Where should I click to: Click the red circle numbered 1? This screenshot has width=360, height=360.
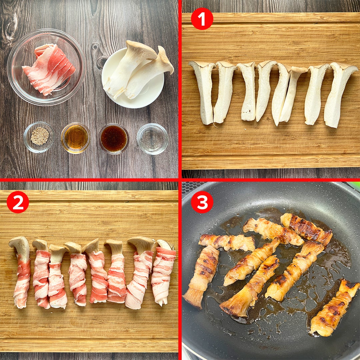(202, 19)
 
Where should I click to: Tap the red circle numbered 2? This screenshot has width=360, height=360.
(18, 202)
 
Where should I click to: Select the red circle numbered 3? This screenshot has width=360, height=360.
(202, 202)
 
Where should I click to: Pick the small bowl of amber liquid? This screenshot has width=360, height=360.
(76, 138)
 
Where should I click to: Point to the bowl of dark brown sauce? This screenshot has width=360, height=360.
(114, 138)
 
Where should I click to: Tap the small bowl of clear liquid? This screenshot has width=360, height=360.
(152, 139)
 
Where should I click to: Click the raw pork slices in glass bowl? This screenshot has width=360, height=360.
(49, 69)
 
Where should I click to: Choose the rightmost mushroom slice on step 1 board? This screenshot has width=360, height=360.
(339, 94)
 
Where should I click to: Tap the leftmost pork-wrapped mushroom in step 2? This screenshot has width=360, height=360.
(21, 272)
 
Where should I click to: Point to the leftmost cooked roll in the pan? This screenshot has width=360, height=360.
(201, 277)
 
